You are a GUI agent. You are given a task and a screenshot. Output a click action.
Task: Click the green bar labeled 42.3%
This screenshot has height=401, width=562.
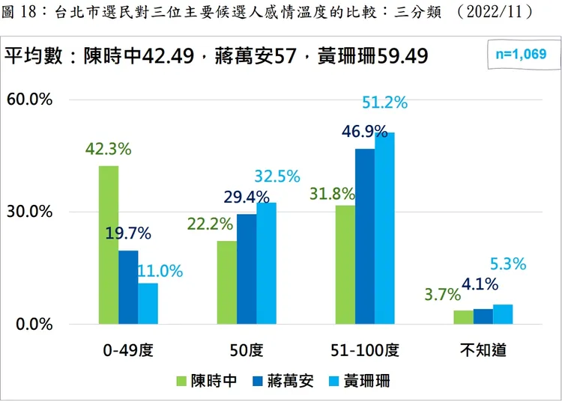pyautogui.click(x=109, y=245)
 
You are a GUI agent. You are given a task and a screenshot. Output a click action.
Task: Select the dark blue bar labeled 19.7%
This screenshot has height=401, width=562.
pyautogui.click(x=128, y=287)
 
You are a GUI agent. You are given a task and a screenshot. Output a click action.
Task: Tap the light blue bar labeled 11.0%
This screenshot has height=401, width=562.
pyautogui.click(x=148, y=304)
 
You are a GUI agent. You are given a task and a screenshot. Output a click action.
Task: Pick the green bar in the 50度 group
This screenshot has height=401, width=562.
pyautogui.click(x=227, y=282)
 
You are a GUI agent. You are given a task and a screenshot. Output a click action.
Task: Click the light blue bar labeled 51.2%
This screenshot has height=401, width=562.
pyautogui.click(x=384, y=228)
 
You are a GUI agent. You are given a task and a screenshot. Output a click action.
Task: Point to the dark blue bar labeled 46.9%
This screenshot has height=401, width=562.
pyautogui.click(x=365, y=236)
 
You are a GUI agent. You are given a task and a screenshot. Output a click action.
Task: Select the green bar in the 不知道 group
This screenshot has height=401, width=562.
pyautogui.click(x=464, y=317)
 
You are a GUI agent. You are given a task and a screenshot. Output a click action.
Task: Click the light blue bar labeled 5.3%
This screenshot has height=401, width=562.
pyautogui.click(x=503, y=314)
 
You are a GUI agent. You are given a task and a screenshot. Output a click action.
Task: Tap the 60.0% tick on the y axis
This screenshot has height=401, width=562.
pyautogui.click(x=29, y=100)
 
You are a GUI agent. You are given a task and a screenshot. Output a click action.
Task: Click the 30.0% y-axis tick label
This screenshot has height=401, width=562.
pyautogui.click(x=29, y=212)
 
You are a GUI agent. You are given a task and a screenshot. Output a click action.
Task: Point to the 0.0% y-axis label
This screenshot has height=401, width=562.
pyautogui.click(x=33, y=325)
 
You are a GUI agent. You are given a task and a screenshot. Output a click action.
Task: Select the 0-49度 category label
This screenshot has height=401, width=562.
pyautogui.click(x=128, y=349)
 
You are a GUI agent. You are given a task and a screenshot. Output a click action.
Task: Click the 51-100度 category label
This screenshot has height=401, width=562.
pyautogui.click(x=365, y=349)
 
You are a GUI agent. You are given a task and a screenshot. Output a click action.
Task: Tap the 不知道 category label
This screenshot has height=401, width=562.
pyautogui.click(x=483, y=349)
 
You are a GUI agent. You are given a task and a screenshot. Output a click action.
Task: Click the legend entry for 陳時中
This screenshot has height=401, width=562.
pyautogui.click(x=207, y=381)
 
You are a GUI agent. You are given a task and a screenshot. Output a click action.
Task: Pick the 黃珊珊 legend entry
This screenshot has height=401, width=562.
pyautogui.click(x=358, y=381)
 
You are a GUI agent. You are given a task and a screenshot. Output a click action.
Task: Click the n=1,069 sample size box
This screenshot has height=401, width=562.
pyautogui.click(x=516, y=54)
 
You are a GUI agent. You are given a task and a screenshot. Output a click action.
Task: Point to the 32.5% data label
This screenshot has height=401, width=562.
pyautogui.click(x=277, y=177)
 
